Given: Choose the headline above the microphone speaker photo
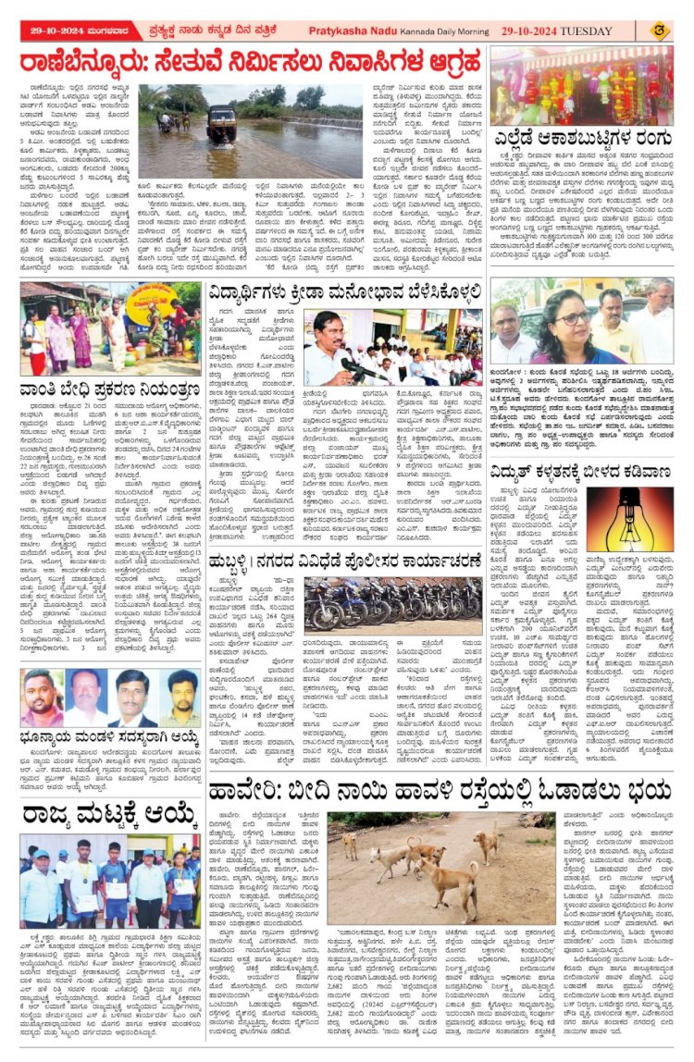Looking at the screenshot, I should (342, 294).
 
